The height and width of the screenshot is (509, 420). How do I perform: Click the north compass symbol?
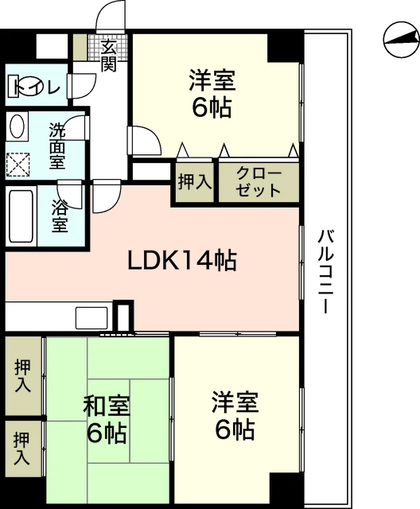[x=401, y=40]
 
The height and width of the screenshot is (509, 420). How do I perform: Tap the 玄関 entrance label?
[x=108, y=55]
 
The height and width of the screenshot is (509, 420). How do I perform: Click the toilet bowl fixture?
[x=25, y=86]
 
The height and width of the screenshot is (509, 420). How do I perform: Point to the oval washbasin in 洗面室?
[x=17, y=126]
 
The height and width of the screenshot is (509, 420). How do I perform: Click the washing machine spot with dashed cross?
[x=18, y=165]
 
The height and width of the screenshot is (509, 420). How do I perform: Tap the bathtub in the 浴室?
[x=21, y=216]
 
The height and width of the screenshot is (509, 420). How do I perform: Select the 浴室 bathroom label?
[x=60, y=216]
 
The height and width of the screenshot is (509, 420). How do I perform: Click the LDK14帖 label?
[x=182, y=261]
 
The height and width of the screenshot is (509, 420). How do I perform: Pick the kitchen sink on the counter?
[x=91, y=318]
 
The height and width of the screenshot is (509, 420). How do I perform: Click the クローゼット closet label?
[x=259, y=182]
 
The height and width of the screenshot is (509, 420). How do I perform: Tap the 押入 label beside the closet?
[x=195, y=182]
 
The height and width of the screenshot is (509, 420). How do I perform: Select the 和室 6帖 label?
[x=107, y=419]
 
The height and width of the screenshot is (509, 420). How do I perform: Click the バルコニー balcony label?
[x=326, y=271]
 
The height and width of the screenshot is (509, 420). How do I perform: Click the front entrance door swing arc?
[x=111, y=16]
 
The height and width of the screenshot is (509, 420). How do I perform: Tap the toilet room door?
[x=81, y=86]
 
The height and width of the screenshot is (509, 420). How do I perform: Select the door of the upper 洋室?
[x=145, y=141]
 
